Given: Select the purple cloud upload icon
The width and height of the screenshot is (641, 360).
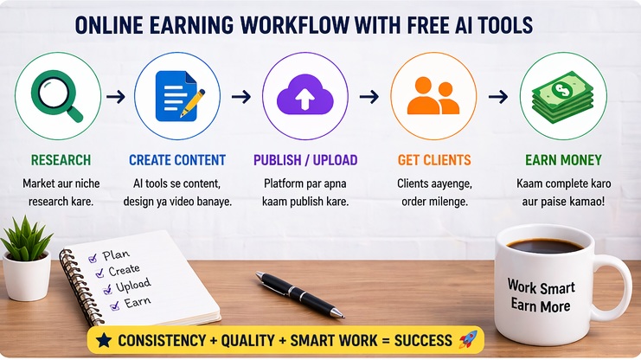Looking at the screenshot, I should click(304, 95).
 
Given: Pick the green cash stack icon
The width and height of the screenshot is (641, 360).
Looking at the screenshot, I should click(563, 95).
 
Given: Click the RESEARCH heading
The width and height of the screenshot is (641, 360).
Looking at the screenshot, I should click(61, 160).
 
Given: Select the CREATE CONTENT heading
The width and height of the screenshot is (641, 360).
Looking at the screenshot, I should click(177, 160).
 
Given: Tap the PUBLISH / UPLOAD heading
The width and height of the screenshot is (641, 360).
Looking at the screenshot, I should click(305, 160).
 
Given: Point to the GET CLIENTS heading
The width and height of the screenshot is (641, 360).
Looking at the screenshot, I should click(434, 160).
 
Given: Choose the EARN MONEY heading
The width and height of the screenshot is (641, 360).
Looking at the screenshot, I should click(564, 160).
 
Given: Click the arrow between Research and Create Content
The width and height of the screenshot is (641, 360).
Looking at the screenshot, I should click(115, 96).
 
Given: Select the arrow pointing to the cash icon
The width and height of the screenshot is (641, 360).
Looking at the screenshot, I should click(498, 96).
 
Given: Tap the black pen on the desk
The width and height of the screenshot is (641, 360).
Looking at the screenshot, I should click(299, 294).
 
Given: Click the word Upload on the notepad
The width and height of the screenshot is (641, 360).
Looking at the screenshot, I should click(132, 285).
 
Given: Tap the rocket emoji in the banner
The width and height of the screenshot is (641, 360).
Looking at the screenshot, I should click(467, 339).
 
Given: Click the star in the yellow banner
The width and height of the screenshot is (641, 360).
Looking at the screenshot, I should click(104, 339).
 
